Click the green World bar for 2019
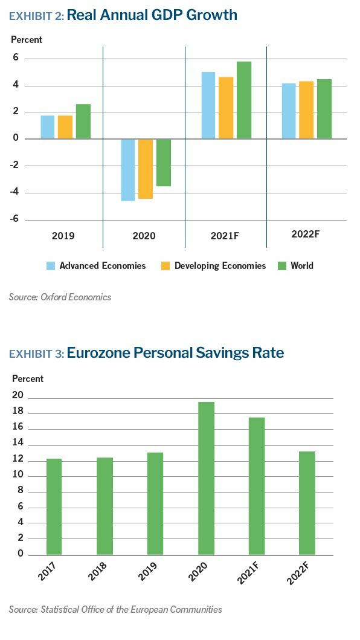83,121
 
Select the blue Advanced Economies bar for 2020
128,170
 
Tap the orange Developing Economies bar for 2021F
226,108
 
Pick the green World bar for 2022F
324,109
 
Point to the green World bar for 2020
163,163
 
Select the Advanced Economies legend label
103,266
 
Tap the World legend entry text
302,266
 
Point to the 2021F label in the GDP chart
224,236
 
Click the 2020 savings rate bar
206,479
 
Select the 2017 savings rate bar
54,507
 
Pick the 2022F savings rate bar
307,503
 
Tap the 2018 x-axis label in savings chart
98,572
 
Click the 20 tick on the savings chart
18,396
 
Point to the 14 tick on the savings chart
18,443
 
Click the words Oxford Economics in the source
76,297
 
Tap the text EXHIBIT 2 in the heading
36,16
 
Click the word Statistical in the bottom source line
56,609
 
